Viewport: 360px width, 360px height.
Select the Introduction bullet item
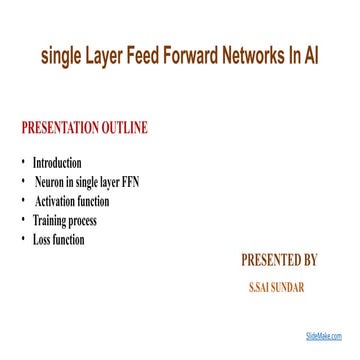point(58,162)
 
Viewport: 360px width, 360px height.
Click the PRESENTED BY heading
point(279,262)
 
